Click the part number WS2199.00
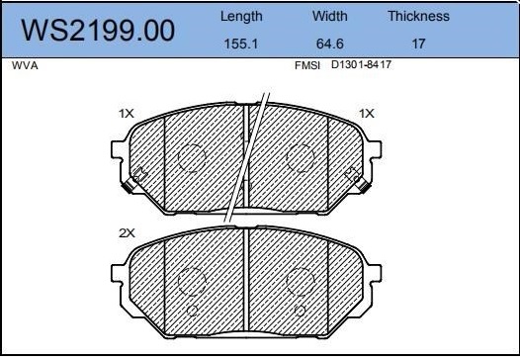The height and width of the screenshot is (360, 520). coord(98,31)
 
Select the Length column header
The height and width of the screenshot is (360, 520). coord(241,17)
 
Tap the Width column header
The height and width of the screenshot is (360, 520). coord(329,16)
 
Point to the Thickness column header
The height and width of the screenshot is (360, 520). coord(418,16)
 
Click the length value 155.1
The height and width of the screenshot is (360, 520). coord(241,44)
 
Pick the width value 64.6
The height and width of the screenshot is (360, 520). coord(329,44)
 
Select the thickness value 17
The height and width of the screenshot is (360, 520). coord(418,44)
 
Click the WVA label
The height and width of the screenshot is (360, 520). coord(25,65)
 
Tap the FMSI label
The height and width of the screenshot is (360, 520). coord(307,65)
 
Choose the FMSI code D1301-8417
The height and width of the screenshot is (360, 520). coord(361,64)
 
